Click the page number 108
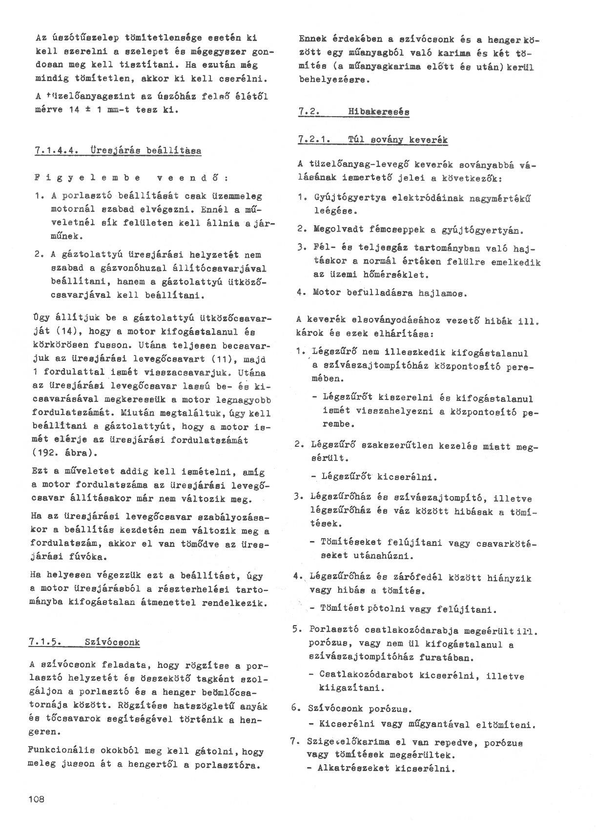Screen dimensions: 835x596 [x=37, y=799]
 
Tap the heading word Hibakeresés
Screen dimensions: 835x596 [x=378, y=112]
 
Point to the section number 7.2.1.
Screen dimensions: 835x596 [x=313, y=140]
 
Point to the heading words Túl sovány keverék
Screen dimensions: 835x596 [x=398, y=140]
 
